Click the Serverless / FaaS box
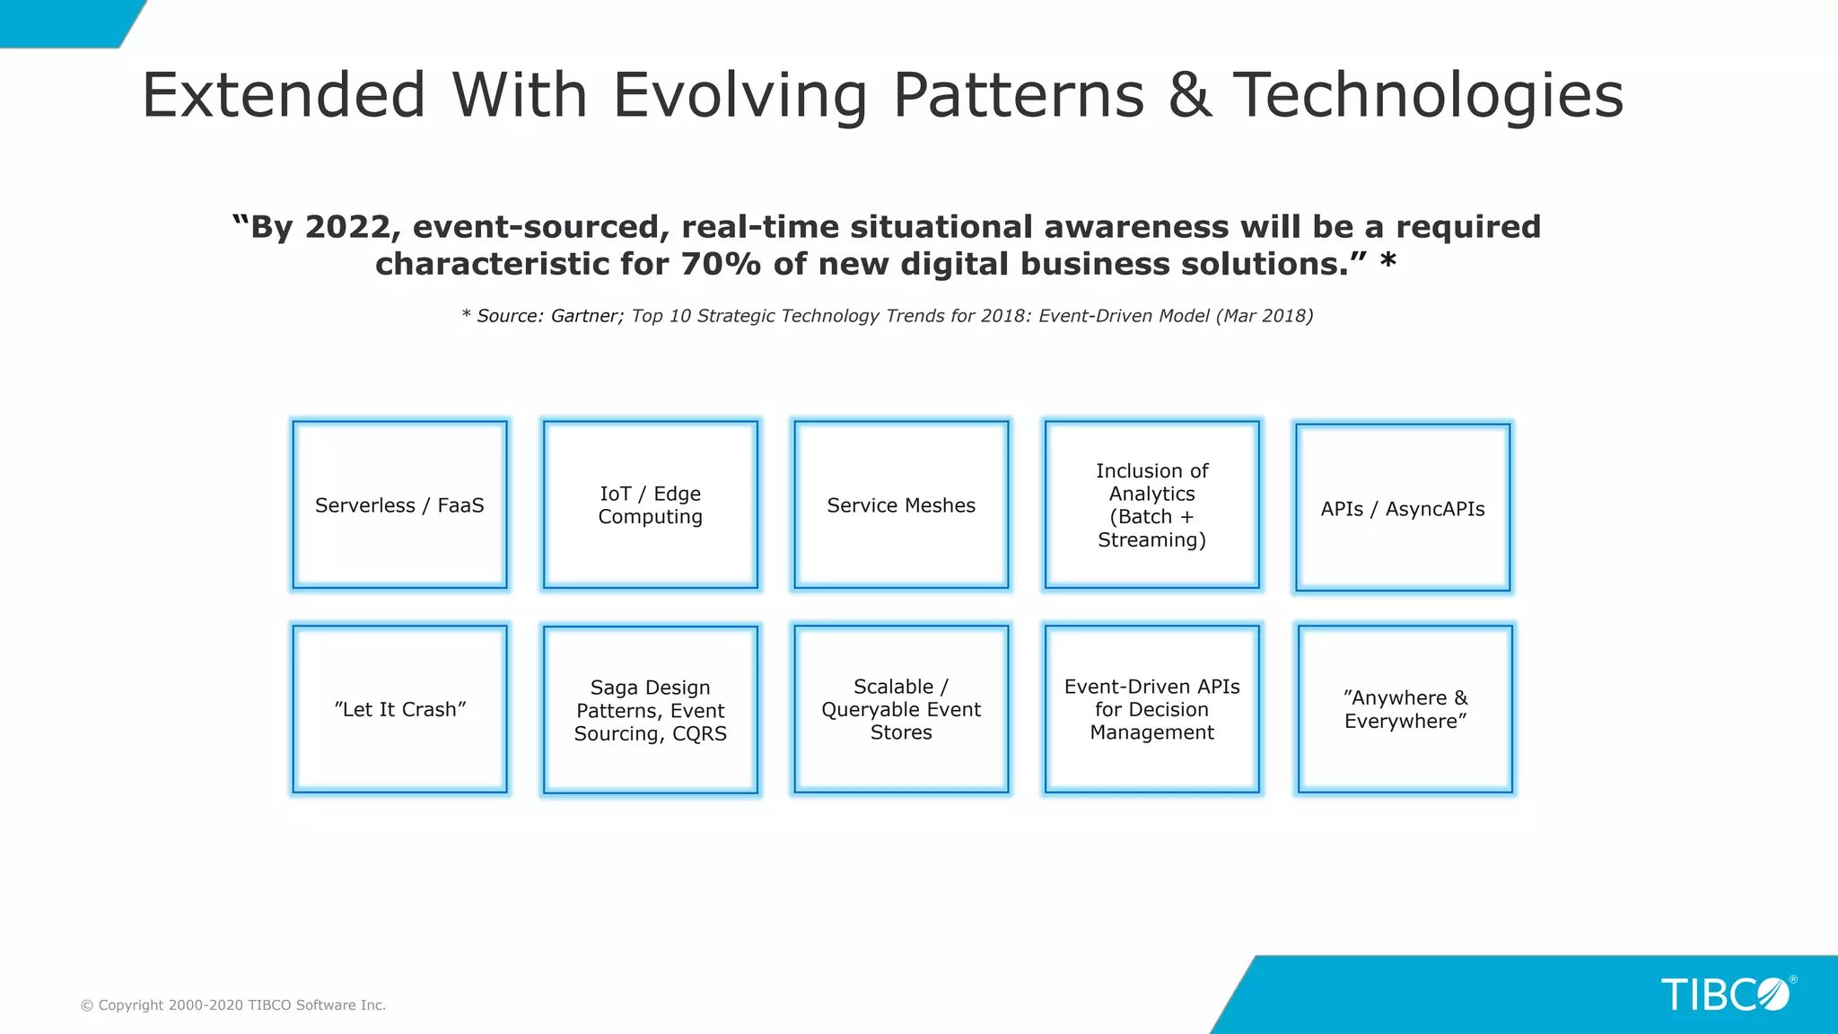click(399, 504)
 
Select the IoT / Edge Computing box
click(650, 504)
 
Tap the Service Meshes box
click(901, 504)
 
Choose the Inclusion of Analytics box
click(1151, 504)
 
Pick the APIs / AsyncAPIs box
click(1403, 508)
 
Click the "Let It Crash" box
click(399, 709)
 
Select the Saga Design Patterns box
click(650, 710)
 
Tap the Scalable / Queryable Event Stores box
click(901, 709)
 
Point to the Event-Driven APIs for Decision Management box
click(1151, 709)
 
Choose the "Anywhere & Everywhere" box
click(1405, 709)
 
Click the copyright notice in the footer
click(233, 1005)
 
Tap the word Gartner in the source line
click(585, 316)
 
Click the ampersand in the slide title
click(1189, 95)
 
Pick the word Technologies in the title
click(1428, 95)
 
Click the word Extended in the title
click(284, 95)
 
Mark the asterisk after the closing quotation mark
click(1387, 261)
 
